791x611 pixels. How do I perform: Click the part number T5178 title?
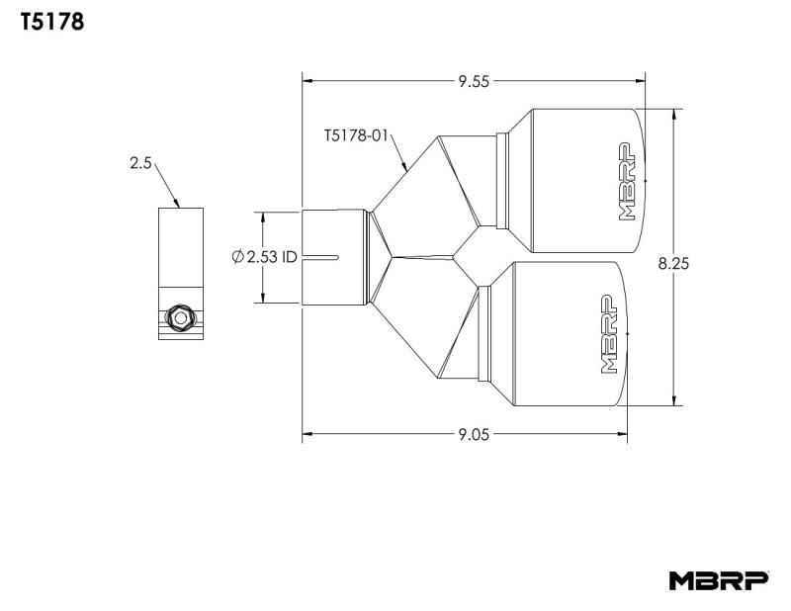[x=51, y=22]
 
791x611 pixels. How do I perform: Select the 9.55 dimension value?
[x=474, y=82]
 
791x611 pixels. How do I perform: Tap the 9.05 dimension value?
[x=474, y=433]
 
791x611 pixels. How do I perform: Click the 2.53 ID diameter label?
[x=264, y=257]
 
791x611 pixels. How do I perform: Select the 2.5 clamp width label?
[x=139, y=164]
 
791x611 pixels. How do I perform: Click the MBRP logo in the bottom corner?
[x=718, y=580]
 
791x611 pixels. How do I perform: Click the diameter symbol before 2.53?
[x=237, y=257]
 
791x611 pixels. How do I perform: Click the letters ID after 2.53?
[x=289, y=257]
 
